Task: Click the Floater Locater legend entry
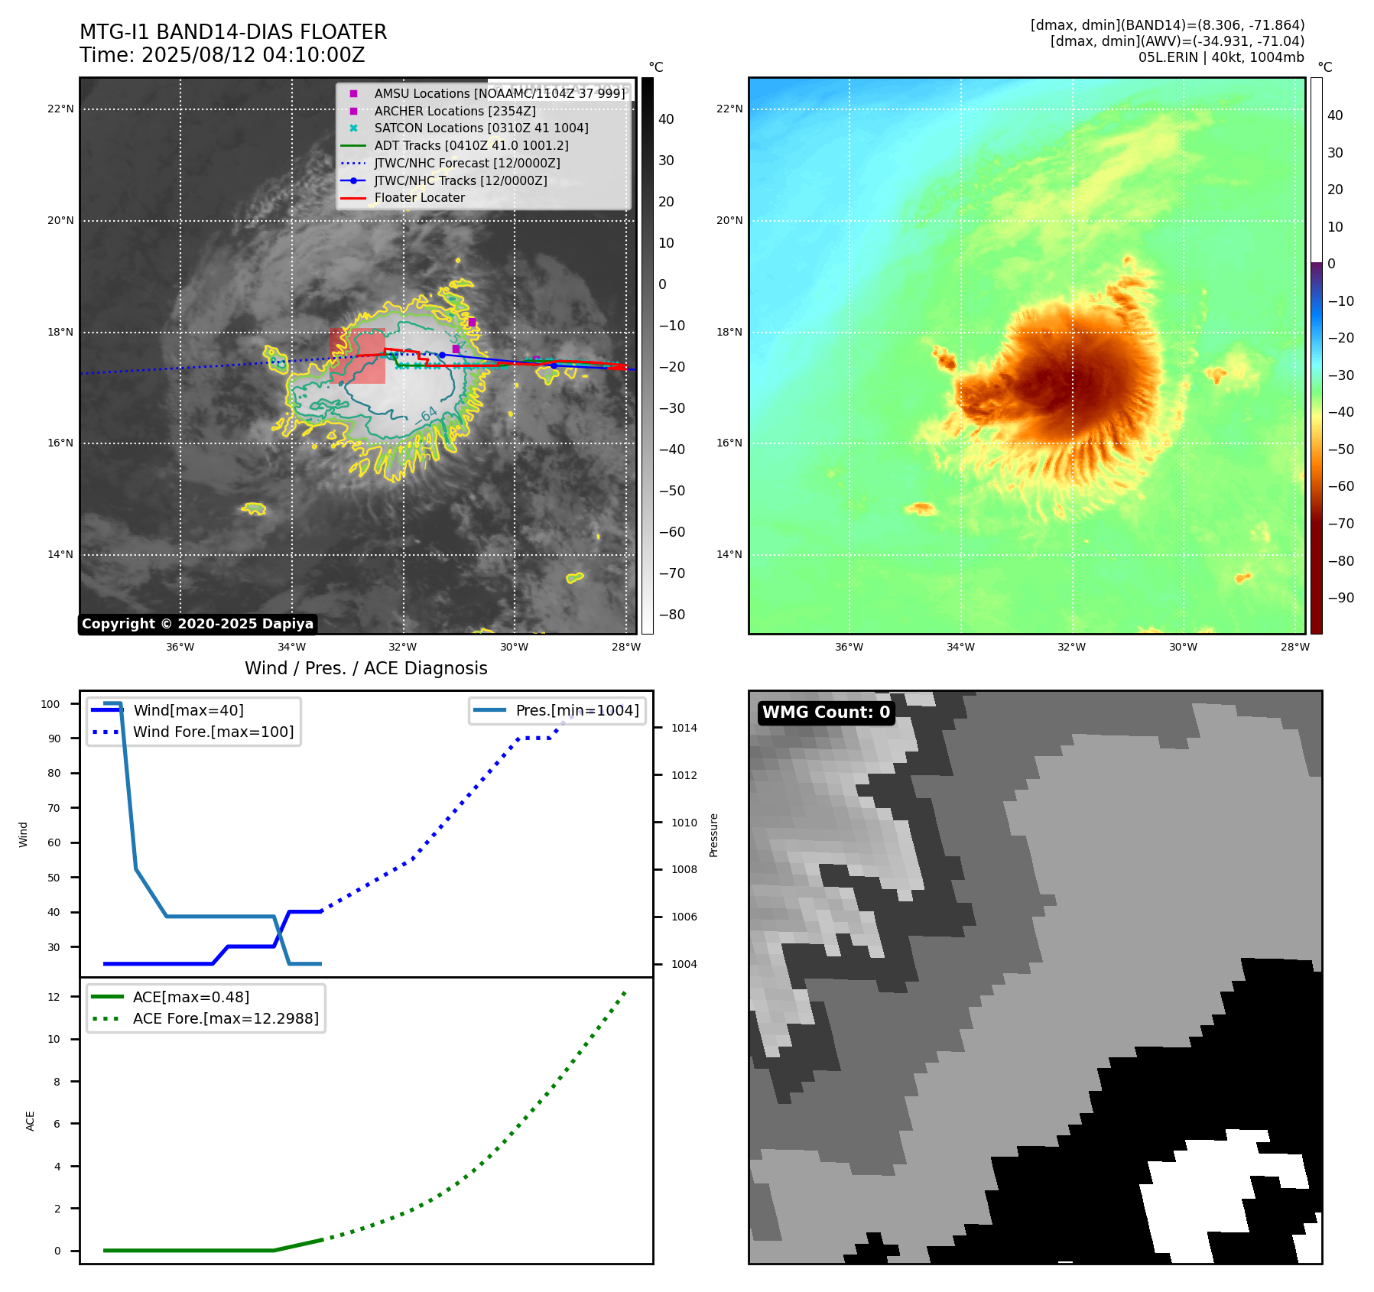pos(419,197)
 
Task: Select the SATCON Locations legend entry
pos(481,128)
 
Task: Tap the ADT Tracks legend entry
pos(471,145)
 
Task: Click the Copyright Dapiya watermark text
pos(197,624)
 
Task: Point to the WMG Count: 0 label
pos(826,713)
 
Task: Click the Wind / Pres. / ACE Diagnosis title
pos(365,668)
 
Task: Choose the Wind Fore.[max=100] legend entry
pos(213,732)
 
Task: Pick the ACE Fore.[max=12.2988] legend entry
pos(226,1018)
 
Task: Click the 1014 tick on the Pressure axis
pos(684,728)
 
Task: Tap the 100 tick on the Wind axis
pos(50,704)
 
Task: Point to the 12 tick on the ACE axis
pos(54,997)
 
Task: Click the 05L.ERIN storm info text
pos(1221,57)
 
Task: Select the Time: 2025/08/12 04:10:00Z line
pos(222,55)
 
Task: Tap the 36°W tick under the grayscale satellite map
pos(180,647)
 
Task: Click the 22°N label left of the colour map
pos(729,109)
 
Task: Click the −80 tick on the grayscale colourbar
pos(672,615)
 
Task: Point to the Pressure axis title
pos(713,835)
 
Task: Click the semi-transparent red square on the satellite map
pos(357,355)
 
